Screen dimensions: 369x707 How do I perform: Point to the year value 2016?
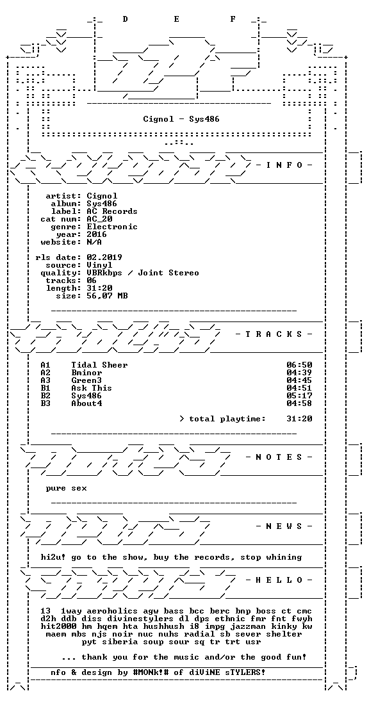point(97,234)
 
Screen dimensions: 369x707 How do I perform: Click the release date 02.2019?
point(104,257)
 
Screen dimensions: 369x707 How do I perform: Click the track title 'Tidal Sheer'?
point(99,365)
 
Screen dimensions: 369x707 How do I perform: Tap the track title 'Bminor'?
point(86,373)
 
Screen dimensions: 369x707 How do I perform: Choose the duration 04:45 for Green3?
point(300,380)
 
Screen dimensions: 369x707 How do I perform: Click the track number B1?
point(45,388)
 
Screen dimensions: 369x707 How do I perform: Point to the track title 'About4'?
point(86,403)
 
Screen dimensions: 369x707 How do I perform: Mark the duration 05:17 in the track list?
point(300,396)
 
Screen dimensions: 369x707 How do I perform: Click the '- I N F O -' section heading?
point(284,165)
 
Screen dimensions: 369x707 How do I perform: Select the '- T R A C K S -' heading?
point(274,334)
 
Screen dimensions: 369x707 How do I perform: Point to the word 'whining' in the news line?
point(284,557)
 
